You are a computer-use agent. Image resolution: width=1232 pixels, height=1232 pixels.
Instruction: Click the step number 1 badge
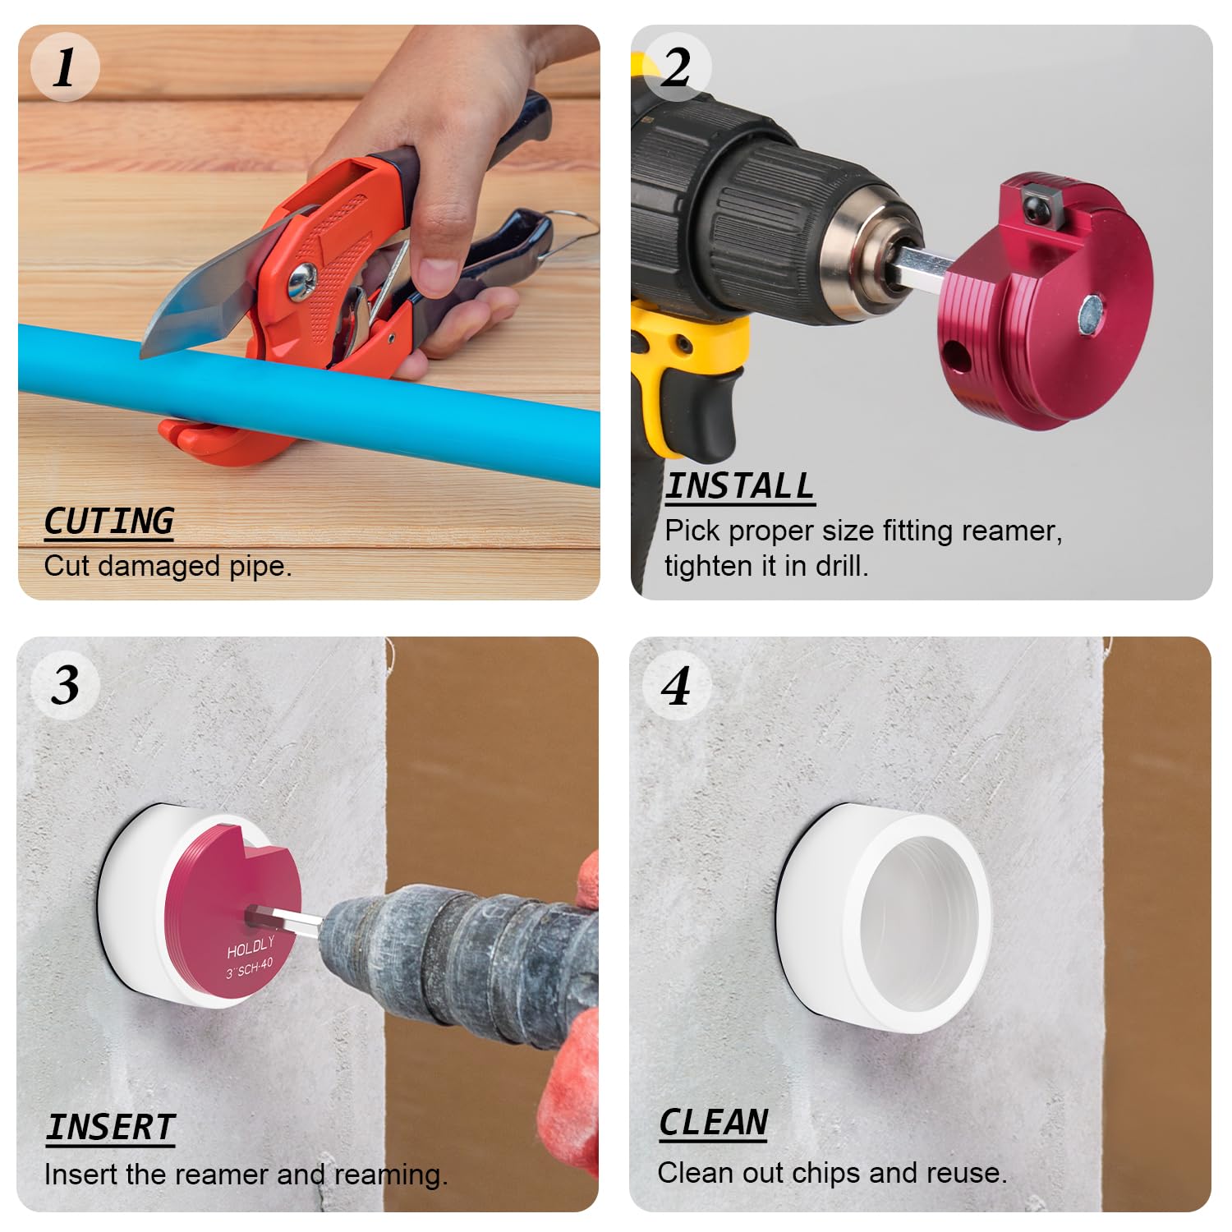point(65,67)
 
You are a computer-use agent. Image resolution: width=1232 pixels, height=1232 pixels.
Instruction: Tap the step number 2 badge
point(676,67)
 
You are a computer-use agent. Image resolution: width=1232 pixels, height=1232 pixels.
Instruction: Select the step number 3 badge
point(65,685)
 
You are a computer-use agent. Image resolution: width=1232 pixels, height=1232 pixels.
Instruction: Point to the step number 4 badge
point(676,685)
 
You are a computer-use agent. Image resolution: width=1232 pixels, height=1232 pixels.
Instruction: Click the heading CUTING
point(108,522)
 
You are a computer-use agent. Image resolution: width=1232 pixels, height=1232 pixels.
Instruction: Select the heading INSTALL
point(739,486)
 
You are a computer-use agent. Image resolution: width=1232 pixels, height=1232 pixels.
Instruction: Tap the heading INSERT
point(110,1127)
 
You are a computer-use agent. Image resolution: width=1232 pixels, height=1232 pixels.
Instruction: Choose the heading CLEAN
point(713,1122)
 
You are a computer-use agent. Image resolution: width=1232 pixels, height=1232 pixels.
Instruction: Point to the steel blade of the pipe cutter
point(205,296)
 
